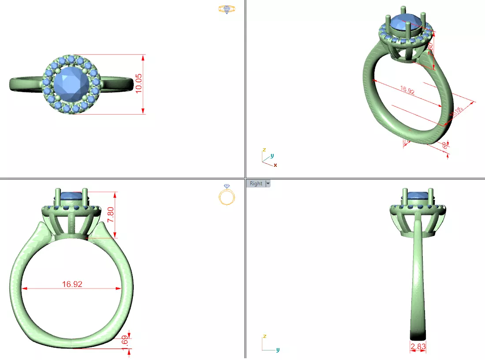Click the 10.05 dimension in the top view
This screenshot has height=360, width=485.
[x=139, y=83]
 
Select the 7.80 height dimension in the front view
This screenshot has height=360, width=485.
[x=111, y=214]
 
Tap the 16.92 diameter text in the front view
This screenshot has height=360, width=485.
[x=72, y=284]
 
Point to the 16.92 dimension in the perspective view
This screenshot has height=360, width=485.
[x=407, y=91]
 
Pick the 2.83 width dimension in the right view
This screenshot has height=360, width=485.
[x=418, y=347]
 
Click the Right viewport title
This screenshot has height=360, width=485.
[x=256, y=184]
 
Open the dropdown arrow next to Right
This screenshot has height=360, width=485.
[x=267, y=184]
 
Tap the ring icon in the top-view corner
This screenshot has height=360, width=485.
[x=227, y=9]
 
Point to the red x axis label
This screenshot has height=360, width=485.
[x=275, y=165]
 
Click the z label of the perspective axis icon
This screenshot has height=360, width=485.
[x=263, y=150]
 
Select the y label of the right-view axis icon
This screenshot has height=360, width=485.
[x=278, y=350]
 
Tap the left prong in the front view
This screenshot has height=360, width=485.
[x=58, y=197]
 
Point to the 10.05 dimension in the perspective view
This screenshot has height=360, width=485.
[x=456, y=112]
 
